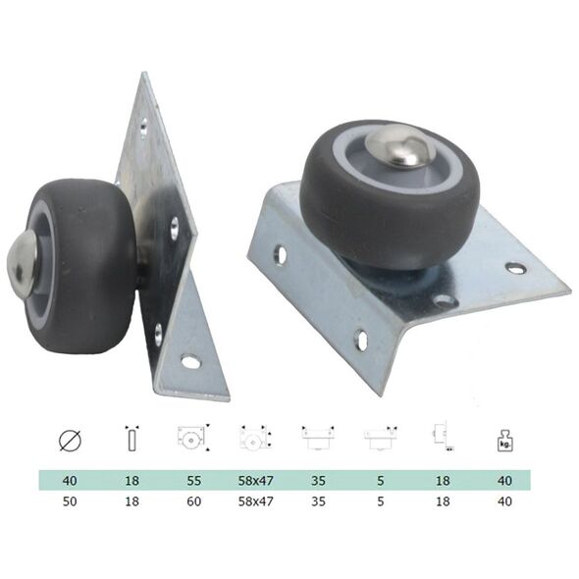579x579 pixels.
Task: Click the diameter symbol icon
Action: pyautogui.click(x=70, y=441)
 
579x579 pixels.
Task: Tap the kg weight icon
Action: pyautogui.click(x=504, y=441)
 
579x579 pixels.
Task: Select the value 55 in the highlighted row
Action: pyautogui.click(x=194, y=481)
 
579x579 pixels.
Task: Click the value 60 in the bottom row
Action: pyautogui.click(x=194, y=501)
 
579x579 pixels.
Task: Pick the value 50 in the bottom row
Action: pyautogui.click(x=70, y=501)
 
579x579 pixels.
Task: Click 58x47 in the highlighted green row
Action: pyautogui.click(x=256, y=481)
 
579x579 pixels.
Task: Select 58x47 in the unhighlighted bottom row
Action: pyautogui.click(x=256, y=501)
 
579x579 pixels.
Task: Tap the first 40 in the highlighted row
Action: pyautogui.click(x=70, y=481)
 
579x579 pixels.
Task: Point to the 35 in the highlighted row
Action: pyautogui.click(x=318, y=481)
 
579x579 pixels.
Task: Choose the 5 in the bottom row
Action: pyautogui.click(x=381, y=501)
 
